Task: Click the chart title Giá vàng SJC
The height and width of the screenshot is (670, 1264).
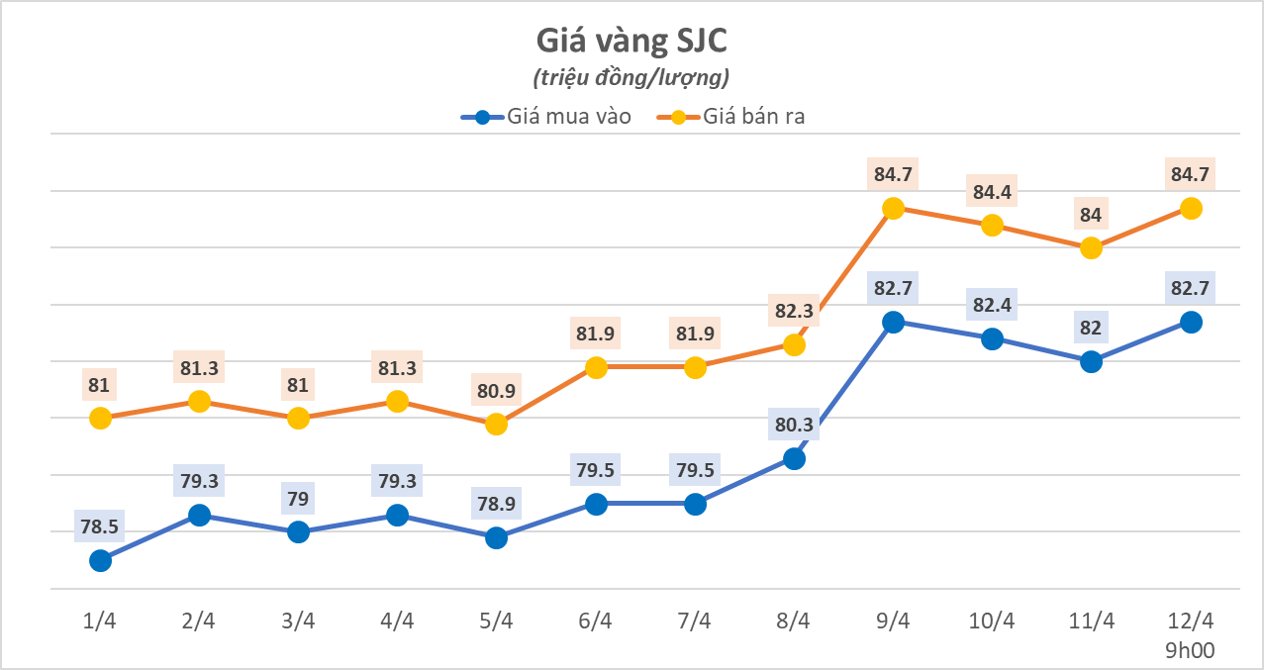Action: [x=632, y=42]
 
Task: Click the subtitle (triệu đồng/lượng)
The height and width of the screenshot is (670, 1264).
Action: [x=632, y=77]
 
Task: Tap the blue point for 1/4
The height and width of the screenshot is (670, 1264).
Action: [x=100, y=561]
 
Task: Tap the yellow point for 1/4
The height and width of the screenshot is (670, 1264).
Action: [x=100, y=419]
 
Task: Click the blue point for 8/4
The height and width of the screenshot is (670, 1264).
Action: [x=794, y=458]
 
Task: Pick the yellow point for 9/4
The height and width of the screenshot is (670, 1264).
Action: [x=893, y=208]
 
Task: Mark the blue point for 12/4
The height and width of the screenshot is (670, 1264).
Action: [x=1191, y=322]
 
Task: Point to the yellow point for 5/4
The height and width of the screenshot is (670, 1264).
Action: [x=497, y=424]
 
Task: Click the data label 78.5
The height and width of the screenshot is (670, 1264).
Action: [x=100, y=527]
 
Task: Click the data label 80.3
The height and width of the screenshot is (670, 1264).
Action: [x=794, y=425]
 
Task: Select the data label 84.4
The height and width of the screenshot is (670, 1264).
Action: [x=992, y=192]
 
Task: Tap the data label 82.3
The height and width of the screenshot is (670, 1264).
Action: [x=794, y=311]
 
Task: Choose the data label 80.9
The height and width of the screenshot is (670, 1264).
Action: [x=497, y=390]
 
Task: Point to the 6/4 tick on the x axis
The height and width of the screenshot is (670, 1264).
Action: [x=596, y=621]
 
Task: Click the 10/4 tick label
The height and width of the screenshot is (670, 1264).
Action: [x=992, y=621]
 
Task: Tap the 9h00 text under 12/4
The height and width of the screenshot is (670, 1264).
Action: [x=1191, y=649]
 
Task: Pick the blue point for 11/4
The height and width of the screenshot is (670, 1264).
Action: [x=1091, y=362]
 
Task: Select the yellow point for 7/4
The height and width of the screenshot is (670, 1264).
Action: [x=695, y=367]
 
